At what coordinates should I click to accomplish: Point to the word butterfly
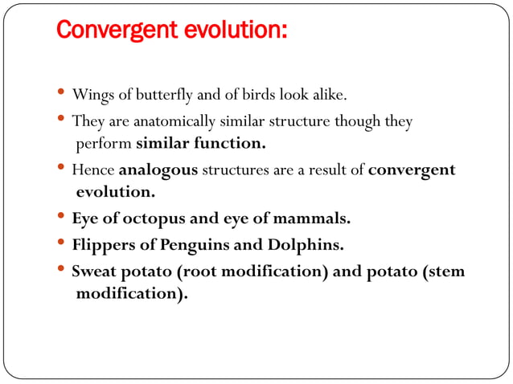[163, 96]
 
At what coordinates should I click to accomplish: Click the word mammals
[310, 219]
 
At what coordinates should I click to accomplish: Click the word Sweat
[94, 271]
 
